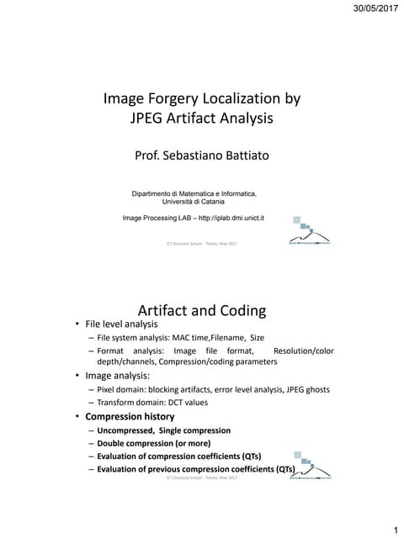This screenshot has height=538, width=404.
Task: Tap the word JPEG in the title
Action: [x=147, y=119]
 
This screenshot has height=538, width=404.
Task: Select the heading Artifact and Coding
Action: [x=201, y=311]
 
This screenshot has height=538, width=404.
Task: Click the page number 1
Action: [x=393, y=529]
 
